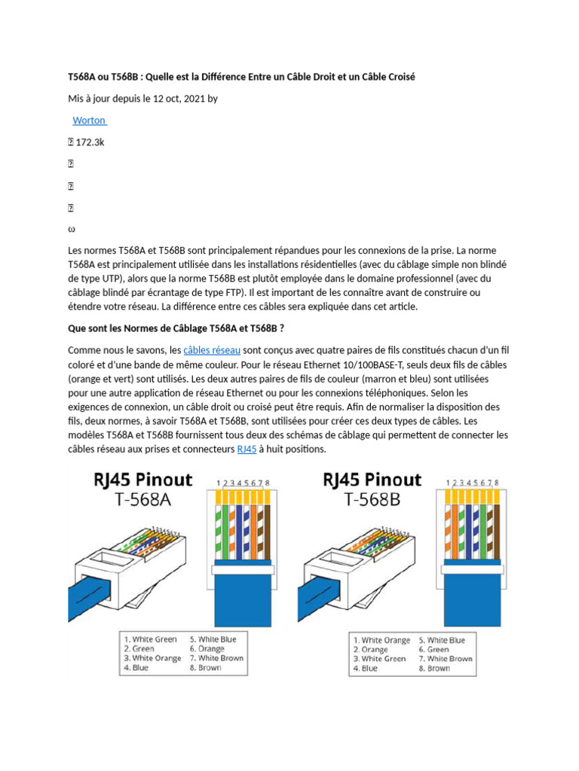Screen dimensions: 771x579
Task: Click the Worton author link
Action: (x=89, y=120)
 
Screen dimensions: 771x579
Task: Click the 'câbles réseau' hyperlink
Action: (x=212, y=350)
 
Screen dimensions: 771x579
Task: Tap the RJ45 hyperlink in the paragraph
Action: (x=247, y=449)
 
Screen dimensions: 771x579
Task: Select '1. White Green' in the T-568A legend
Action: (x=151, y=639)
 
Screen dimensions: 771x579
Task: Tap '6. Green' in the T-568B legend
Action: (x=438, y=649)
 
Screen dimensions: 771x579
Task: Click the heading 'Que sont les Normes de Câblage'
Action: (x=176, y=328)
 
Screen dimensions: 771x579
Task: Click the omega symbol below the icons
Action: (x=72, y=228)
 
